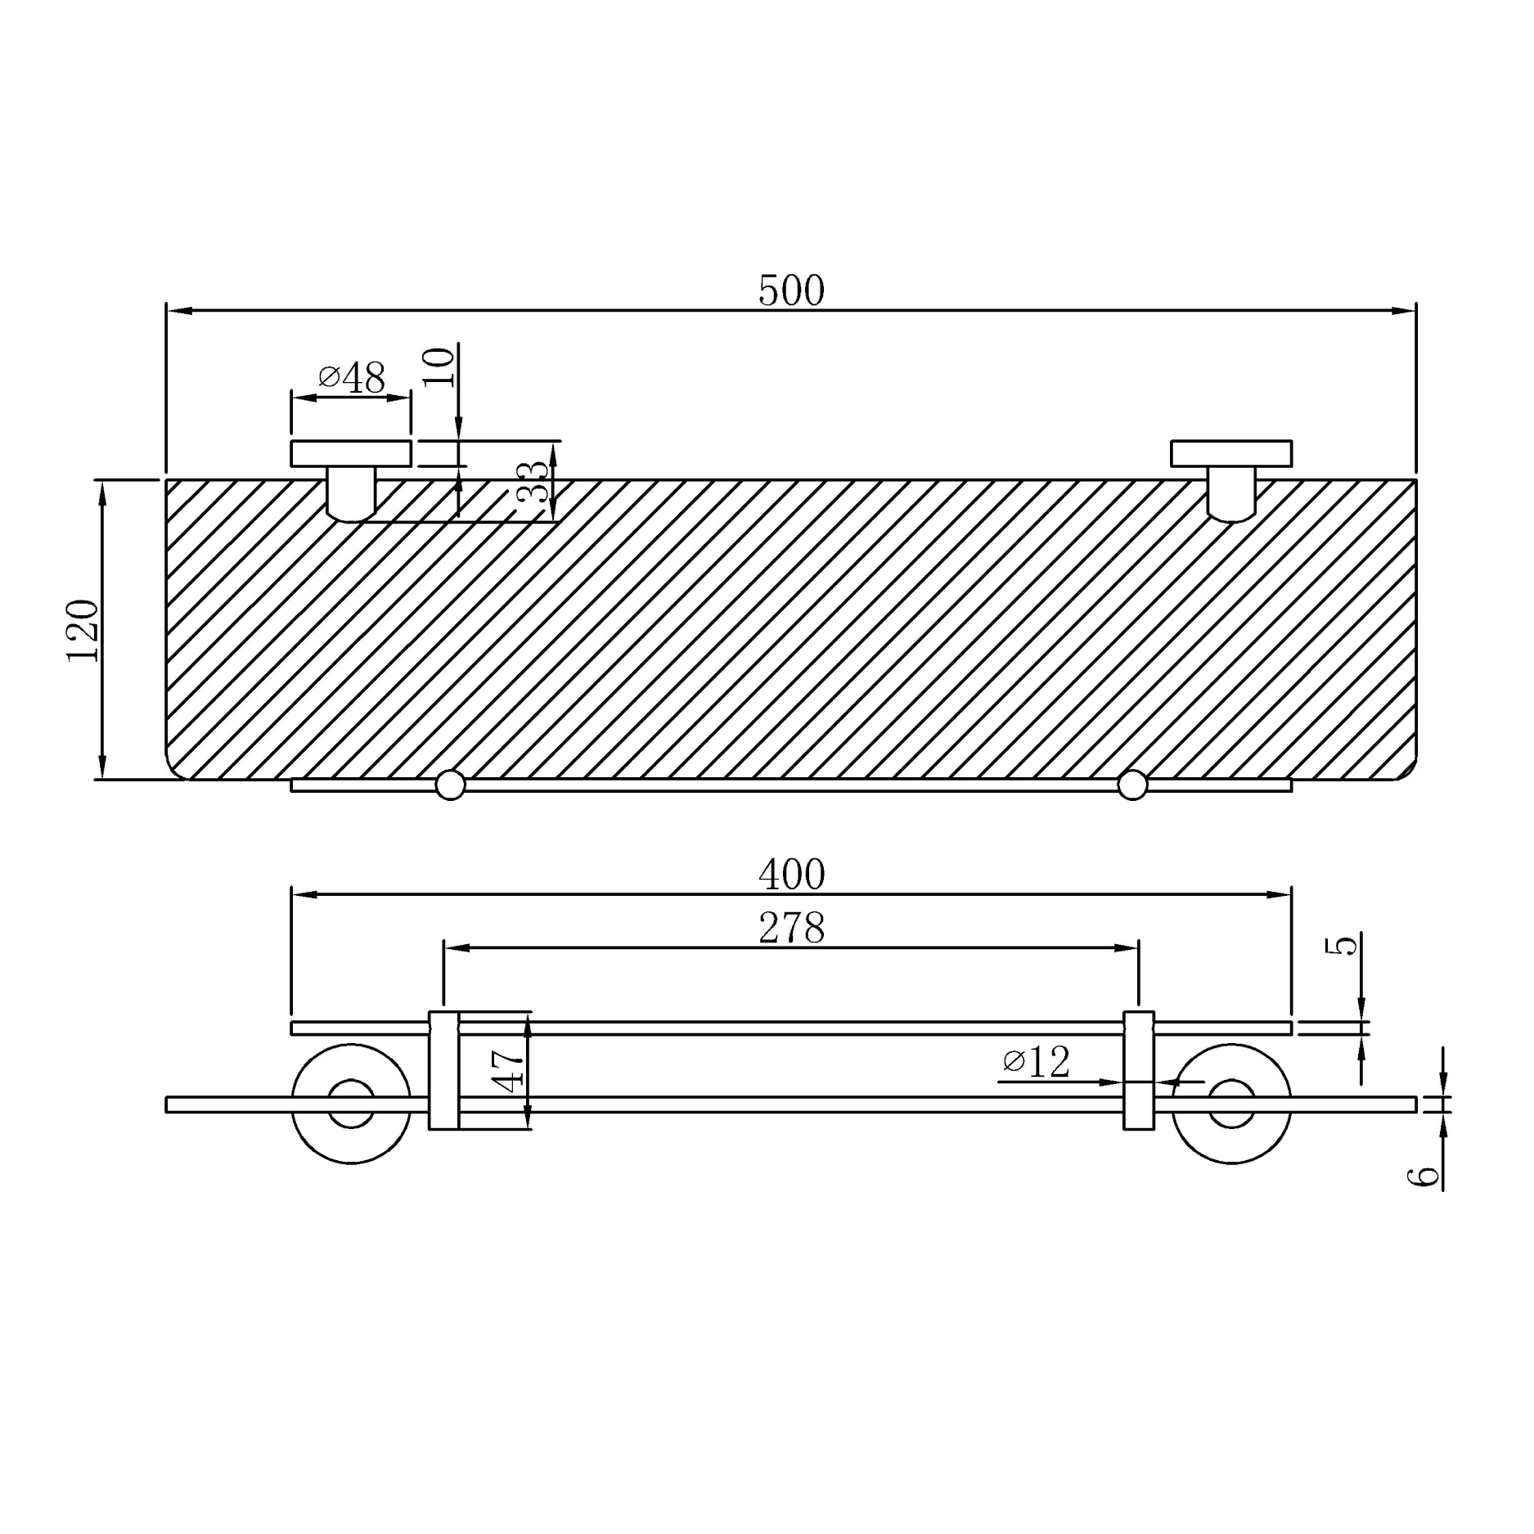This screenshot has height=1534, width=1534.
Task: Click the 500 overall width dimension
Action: point(790,291)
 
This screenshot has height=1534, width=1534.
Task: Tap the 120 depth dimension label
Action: point(83,630)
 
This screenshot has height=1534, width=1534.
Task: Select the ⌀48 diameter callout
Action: point(352,378)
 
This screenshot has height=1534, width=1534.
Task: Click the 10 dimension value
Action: point(439,367)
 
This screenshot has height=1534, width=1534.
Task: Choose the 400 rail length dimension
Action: point(790,875)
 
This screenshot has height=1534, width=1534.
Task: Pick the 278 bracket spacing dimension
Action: point(790,929)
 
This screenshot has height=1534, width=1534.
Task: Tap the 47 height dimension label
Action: point(510,1071)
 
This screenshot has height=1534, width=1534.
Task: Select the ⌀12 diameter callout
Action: point(1036,1063)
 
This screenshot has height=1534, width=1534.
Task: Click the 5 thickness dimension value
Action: point(1342,946)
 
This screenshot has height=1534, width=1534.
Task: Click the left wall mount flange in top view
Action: point(351,453)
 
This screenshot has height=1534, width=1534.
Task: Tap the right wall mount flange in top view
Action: point(1230,453)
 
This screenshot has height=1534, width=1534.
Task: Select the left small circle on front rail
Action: point(450,785)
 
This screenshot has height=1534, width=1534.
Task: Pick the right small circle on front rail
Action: point(1132,785)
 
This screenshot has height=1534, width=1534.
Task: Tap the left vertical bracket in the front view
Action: point(443,1071)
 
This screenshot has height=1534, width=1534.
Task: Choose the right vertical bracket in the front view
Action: point(1138,1071)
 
